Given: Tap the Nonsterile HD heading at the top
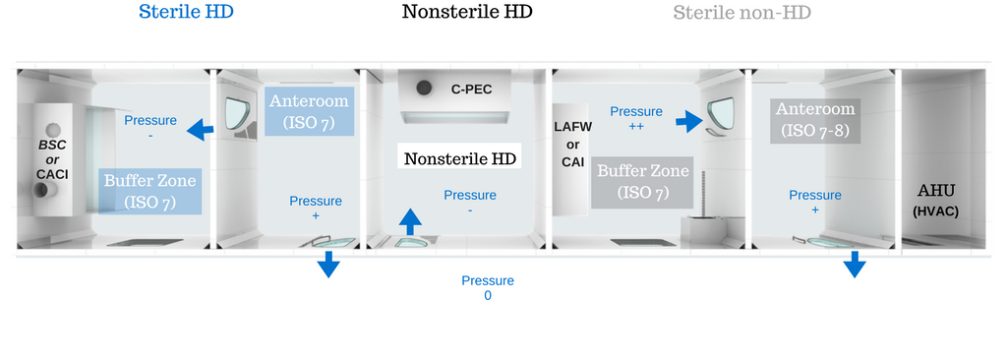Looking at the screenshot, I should coord(467,13).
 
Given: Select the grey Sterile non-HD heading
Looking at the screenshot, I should coord(741,13).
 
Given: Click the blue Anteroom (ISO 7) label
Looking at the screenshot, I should coord(309,111).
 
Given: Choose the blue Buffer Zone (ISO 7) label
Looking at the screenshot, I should coord(150,191).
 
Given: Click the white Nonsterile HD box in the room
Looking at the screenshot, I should coord(461,157).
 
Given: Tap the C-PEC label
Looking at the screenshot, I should coord(471,90).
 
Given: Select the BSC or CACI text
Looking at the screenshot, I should coord(51,158).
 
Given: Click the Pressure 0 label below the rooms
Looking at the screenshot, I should coord(488,287).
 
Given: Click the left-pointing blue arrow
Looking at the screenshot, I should coord(203,129).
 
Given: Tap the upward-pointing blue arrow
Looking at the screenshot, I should coord(410,220).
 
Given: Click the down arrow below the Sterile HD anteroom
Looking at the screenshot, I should coord(327,264).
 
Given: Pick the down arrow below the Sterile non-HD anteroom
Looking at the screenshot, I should coord(855,264).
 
